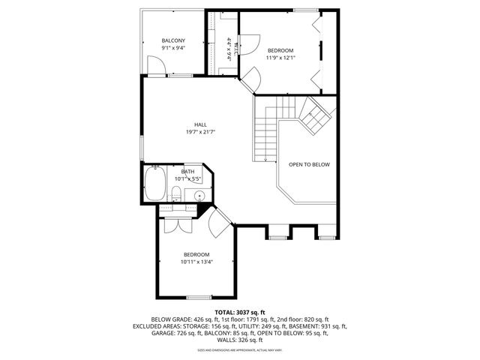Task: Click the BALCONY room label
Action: [x=173, y=40]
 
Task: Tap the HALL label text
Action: [x=200, y=124]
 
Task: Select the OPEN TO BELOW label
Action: [x=309, y=164]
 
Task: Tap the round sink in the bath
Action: [x=199, y=196]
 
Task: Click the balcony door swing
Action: [x=156, y=68]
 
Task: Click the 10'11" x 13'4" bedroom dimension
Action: [x=196, y=262]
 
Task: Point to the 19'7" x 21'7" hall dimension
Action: [x=200, y=132]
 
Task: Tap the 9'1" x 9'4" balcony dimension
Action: [x=173, y=48]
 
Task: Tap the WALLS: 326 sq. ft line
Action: [x=239, y=341]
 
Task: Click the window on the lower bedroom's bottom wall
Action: [x=197, y=298]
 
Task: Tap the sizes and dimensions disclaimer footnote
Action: [x=239, y=350]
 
